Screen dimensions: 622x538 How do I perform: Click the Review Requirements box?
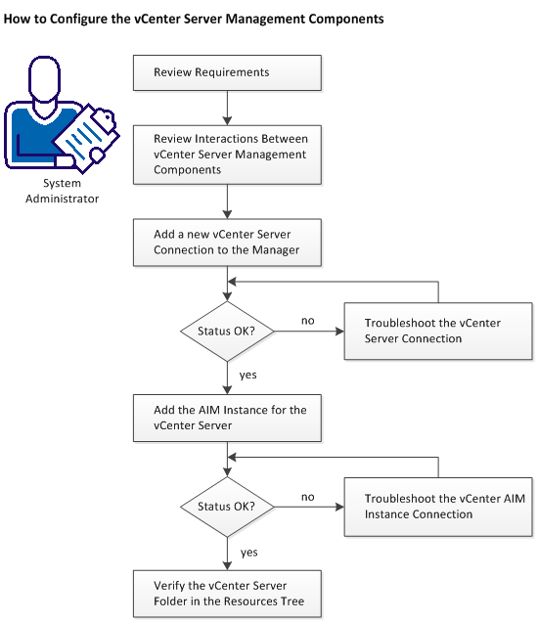(x=227, y=72)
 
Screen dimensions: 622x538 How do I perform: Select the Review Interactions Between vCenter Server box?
(x=227, y=155)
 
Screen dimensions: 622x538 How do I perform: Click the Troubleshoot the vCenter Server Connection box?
(x=437, y=331)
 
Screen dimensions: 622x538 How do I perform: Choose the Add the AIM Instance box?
(x=227, y=418)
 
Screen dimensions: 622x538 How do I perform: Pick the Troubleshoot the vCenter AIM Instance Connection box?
(x=437, y=507)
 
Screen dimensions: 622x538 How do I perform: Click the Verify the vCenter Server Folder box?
(x=227, y=594)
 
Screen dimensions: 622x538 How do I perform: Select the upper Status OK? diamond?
(x=227, y=331)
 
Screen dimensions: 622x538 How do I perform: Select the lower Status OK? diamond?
(x=227, y=507)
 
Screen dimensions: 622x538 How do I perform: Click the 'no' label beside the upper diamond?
(x=306, y=320)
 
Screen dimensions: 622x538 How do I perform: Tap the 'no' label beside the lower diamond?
(x=306, y=497)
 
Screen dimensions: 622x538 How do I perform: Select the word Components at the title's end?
(x=333, y=19)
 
